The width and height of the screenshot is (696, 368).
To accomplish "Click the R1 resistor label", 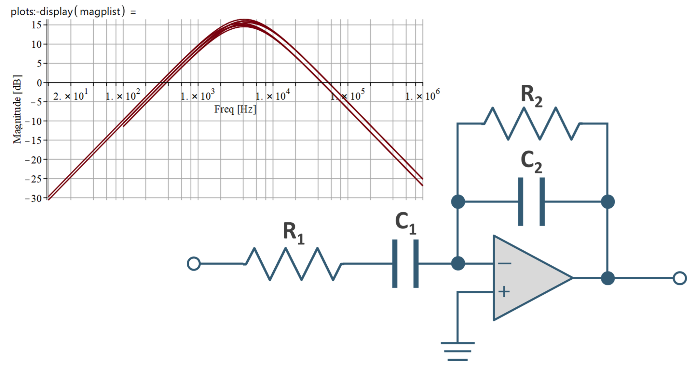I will pos(293,233).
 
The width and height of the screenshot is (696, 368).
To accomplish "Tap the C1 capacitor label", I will pos(405,223).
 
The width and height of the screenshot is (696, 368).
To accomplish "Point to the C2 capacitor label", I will pos(531,161).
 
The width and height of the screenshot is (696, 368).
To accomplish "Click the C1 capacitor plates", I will pos(405,264).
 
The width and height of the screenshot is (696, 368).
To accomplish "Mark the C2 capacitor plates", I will pos(531,202).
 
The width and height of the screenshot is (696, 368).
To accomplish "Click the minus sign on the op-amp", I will pos(504,263).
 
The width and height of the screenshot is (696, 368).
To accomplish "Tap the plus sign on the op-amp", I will pos(504,291).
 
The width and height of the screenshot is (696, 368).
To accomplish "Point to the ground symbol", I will pos(457,351).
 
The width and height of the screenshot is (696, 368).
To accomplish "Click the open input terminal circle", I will pos(194,264).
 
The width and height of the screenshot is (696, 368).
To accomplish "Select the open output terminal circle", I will pos(680,278).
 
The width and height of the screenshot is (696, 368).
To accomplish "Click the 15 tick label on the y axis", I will pos(37,25).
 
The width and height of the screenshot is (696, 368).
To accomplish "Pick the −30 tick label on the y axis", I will pos(34,198).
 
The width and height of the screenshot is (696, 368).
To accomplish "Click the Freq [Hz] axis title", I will pos(235,109).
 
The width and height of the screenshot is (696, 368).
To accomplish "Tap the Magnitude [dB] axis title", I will pos(17,109).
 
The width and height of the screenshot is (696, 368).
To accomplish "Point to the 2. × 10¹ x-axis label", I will pos(71,96).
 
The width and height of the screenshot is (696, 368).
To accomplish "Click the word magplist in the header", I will pos(100,12).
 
